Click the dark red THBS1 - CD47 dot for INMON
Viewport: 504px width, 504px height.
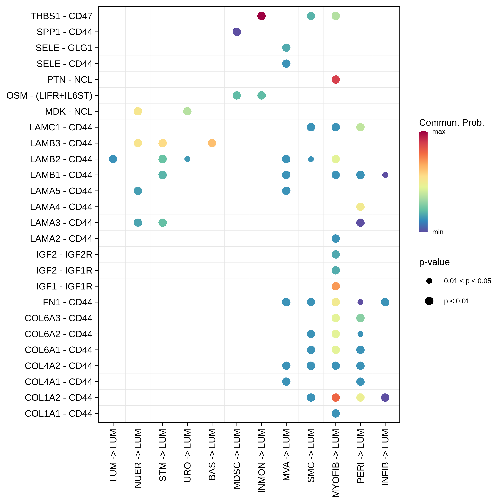261,16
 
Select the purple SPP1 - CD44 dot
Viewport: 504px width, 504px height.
237,32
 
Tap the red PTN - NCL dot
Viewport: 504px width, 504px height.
335,80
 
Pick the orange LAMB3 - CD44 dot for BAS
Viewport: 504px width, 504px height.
212,143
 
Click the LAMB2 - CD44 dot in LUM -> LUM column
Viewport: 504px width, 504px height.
113,159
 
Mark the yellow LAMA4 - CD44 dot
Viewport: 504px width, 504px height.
360,207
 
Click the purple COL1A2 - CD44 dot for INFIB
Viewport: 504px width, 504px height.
385,397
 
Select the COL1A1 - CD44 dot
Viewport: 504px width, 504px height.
335,413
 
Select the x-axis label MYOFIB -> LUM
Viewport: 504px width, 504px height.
336,463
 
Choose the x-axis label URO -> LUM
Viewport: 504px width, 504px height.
187,455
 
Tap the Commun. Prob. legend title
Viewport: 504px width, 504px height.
451,123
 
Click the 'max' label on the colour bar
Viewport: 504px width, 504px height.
439,132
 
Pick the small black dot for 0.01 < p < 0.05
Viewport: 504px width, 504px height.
429,281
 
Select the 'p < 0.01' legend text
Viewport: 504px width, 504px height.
456,301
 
